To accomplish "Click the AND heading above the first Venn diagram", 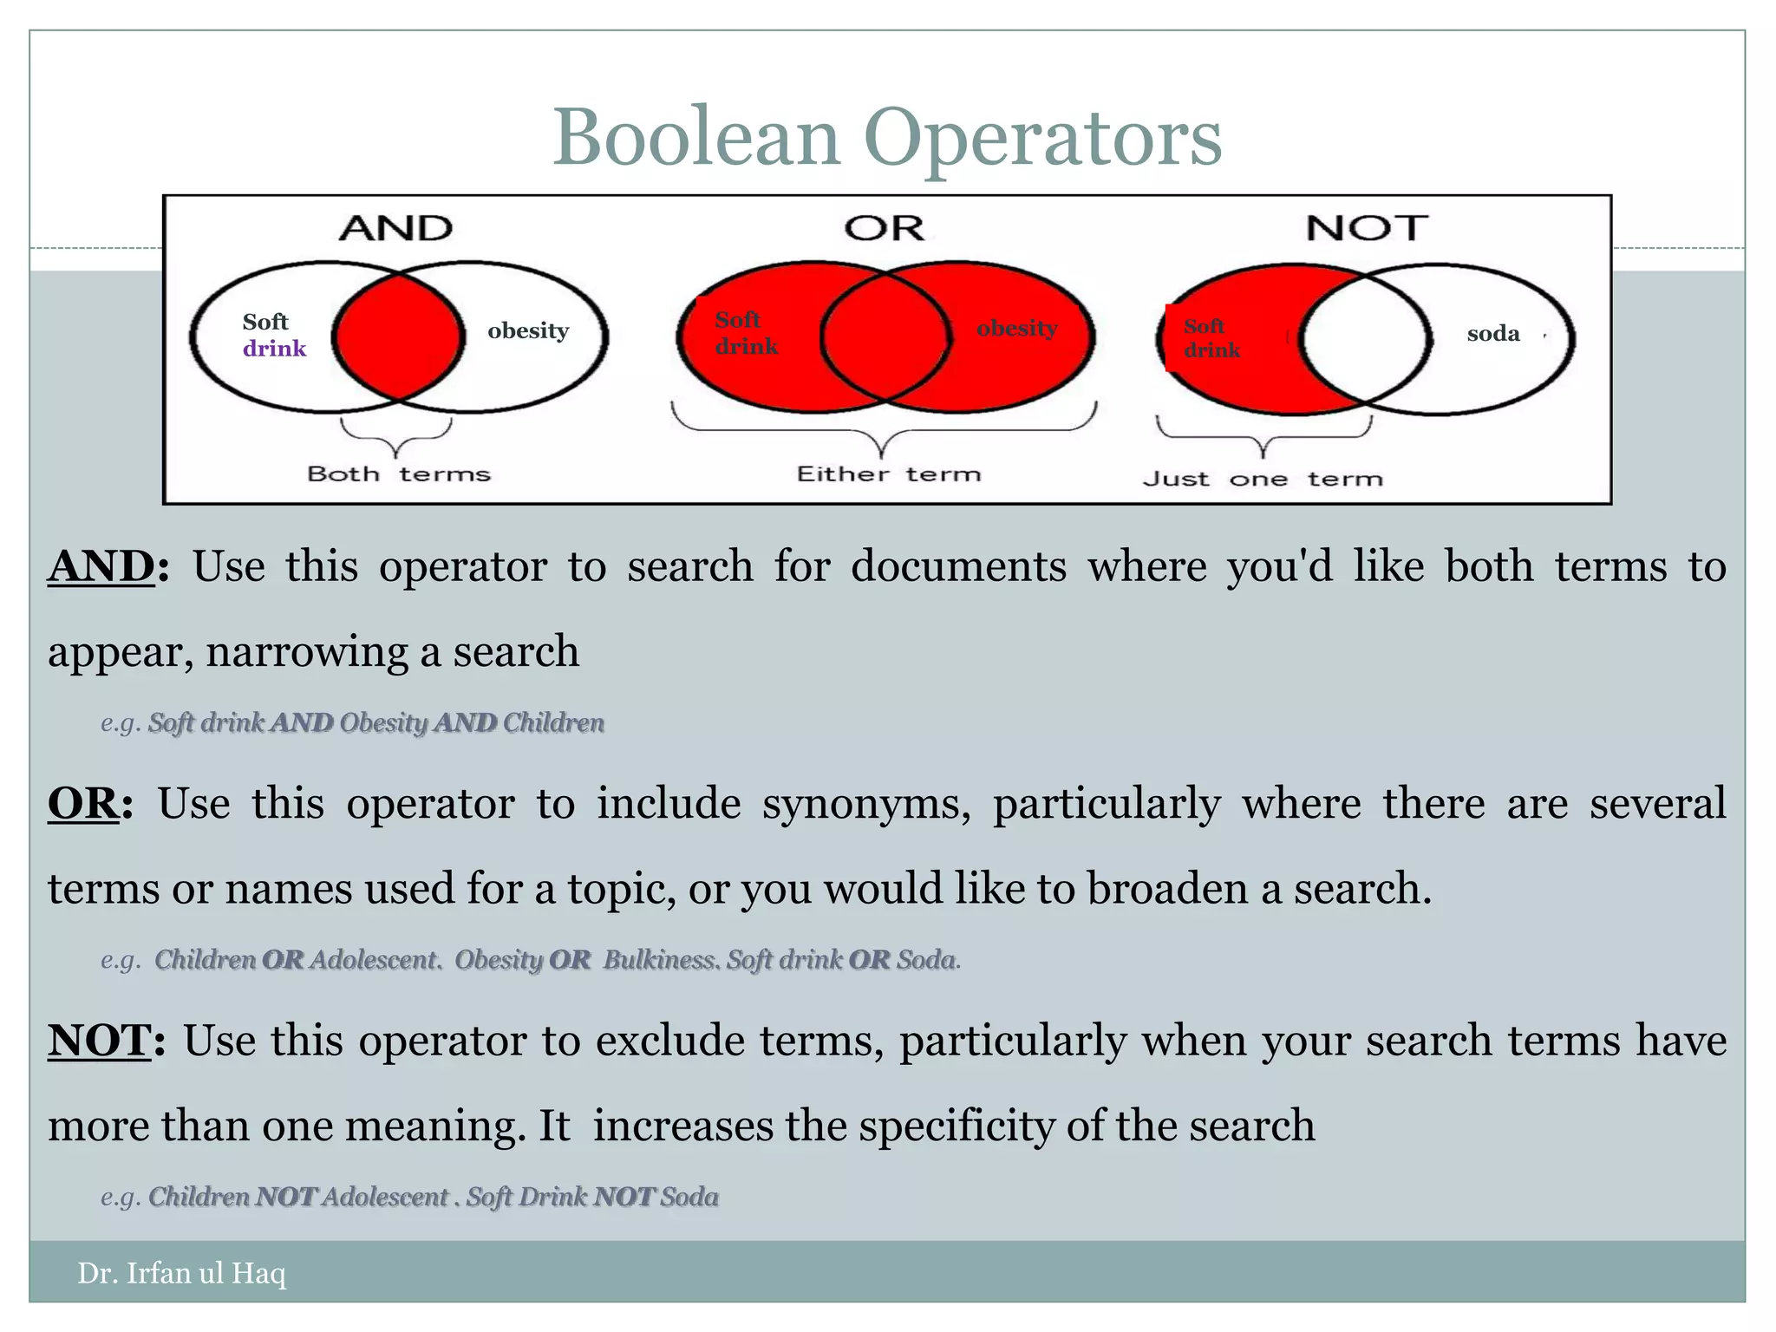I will (395, 229).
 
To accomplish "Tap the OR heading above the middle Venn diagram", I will (884, 229).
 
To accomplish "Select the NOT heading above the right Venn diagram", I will (1367, 229).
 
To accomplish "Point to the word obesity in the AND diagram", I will (527, 330).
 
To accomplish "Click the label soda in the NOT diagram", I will (1492, 334).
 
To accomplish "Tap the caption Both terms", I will (398, 474).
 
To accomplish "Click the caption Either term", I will (888, 474).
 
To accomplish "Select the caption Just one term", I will (1262, 479).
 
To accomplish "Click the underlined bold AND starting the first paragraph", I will (101, 567).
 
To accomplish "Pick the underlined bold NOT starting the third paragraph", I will (99, 1041).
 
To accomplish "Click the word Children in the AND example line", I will (553, 722).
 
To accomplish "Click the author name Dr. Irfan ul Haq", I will (181, 1273).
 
